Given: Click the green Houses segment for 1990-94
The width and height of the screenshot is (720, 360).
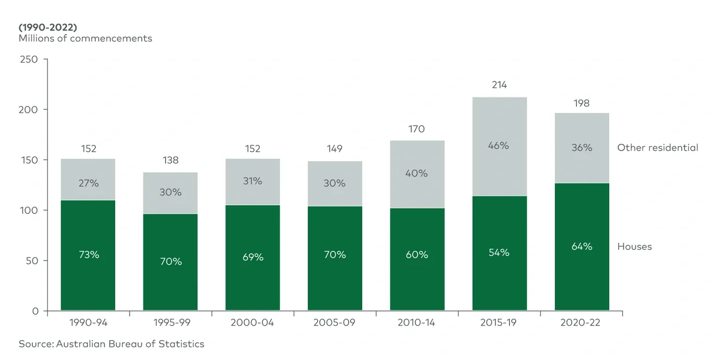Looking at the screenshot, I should click(88, 277).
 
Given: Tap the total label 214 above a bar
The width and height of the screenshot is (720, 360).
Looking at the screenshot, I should click(500, 85).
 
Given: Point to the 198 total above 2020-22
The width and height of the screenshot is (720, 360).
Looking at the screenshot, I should click(582, 104).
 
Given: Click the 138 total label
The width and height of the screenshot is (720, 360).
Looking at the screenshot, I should click(171, 161).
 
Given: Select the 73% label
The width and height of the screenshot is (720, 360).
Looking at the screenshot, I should click(88, 255).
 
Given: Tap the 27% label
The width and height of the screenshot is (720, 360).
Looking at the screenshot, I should click(88, 183).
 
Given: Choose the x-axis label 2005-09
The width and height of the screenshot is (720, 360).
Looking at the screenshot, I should click(335, 322).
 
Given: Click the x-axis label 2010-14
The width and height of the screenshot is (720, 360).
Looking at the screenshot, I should click(416, 322).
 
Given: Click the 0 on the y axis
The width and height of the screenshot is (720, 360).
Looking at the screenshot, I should click(35, 311).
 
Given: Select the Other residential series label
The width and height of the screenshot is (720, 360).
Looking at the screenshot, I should click(657, 148).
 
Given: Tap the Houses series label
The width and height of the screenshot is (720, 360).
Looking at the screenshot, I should click(634, 246).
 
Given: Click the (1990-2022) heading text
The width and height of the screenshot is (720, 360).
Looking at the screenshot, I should click(48, 26).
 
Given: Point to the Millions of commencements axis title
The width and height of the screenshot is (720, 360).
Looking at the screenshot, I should click(85, 38).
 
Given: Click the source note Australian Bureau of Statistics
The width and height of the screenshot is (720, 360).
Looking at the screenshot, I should click(111, 344).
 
